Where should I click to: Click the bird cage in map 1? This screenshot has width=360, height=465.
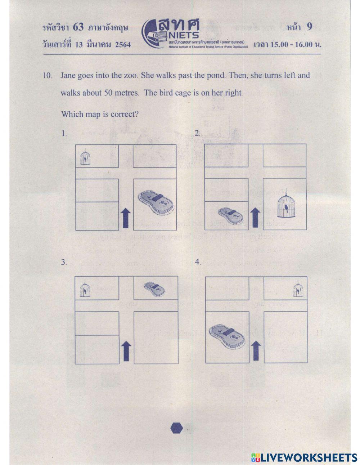pos(85,157)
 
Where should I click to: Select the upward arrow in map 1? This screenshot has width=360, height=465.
pos(126,218)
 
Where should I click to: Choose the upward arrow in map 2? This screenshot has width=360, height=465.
pos(255,218)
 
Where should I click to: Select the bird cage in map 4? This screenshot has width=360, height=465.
pos(297,289)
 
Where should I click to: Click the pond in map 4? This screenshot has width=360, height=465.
pos(226,336)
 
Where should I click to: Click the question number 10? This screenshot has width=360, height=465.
pos(48,76)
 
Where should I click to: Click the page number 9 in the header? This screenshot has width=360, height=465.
pos(309,27)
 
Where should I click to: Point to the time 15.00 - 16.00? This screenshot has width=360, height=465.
pos(292,45)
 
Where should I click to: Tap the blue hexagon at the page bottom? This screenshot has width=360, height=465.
pos(176,428)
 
